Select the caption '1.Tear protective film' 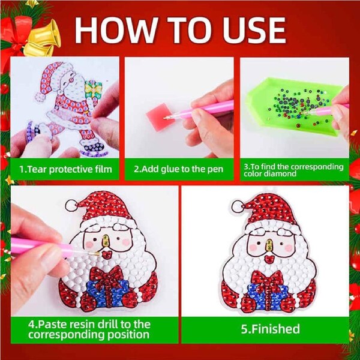[x=66, y=169]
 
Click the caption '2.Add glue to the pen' [x=179, y=169]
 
